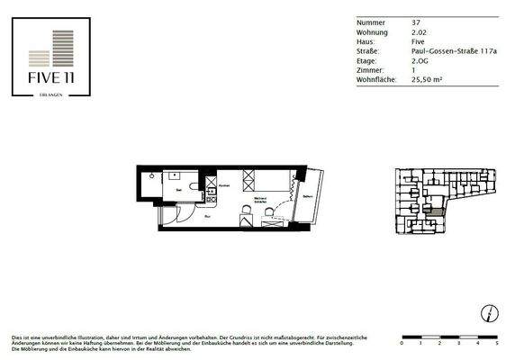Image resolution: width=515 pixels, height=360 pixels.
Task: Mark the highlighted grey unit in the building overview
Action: click(437, 209)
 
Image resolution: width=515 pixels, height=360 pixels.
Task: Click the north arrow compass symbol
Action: click(487, 314)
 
